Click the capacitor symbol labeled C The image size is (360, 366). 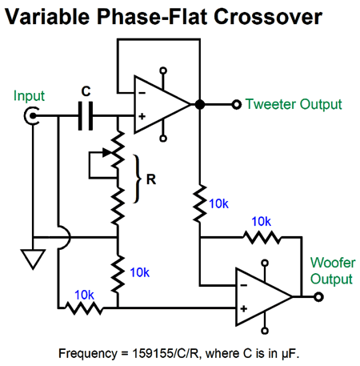pos(86,116)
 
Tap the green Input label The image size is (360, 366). pos(29,96)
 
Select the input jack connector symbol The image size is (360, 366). pos(32,116)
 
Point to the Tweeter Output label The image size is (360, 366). pos(294,104)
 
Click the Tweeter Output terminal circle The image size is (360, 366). pos(236,104)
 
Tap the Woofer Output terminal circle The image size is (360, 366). pos(318,297)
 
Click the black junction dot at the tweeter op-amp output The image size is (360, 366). pos(200,104)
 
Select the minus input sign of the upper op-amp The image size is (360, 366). pos(142,93)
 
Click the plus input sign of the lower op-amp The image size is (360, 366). pos(244,309)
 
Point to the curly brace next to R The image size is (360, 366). pos(137,179)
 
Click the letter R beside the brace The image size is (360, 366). pos(151,179)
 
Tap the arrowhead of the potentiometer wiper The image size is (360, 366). pos(106,152)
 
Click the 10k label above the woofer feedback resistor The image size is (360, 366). pos(261,222)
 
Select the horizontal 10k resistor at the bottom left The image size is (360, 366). pos(84,308)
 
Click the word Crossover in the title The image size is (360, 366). pos(268,17)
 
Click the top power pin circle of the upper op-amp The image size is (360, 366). pos(163,70)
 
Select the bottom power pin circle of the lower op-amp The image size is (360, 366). pos(265,331)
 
